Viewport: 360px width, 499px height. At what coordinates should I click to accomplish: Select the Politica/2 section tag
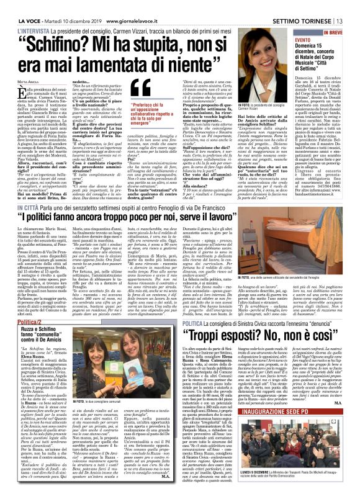(19, 323)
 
